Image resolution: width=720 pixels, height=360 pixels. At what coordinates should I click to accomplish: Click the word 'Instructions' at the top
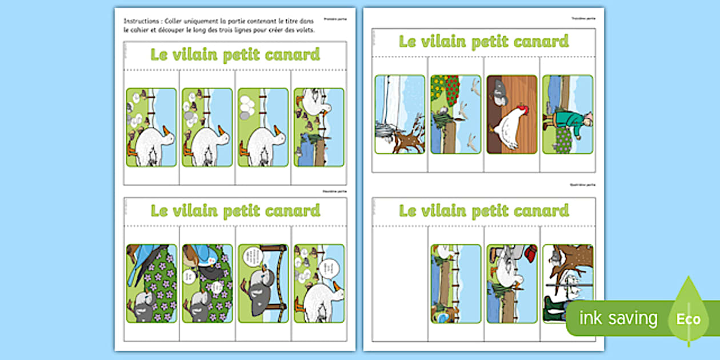[x=138, y=21]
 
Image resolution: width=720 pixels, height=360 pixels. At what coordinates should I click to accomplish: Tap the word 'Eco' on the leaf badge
[x=689, y=319]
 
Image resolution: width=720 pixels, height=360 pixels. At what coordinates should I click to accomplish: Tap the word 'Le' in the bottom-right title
[x=409, y=211]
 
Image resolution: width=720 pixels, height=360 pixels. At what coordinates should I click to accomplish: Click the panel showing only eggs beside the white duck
[x=263, y=127]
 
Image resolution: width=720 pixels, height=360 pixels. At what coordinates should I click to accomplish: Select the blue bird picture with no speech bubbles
[x=151, y=283]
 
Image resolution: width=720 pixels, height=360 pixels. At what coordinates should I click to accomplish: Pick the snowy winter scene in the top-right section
[x=400, y=114]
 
